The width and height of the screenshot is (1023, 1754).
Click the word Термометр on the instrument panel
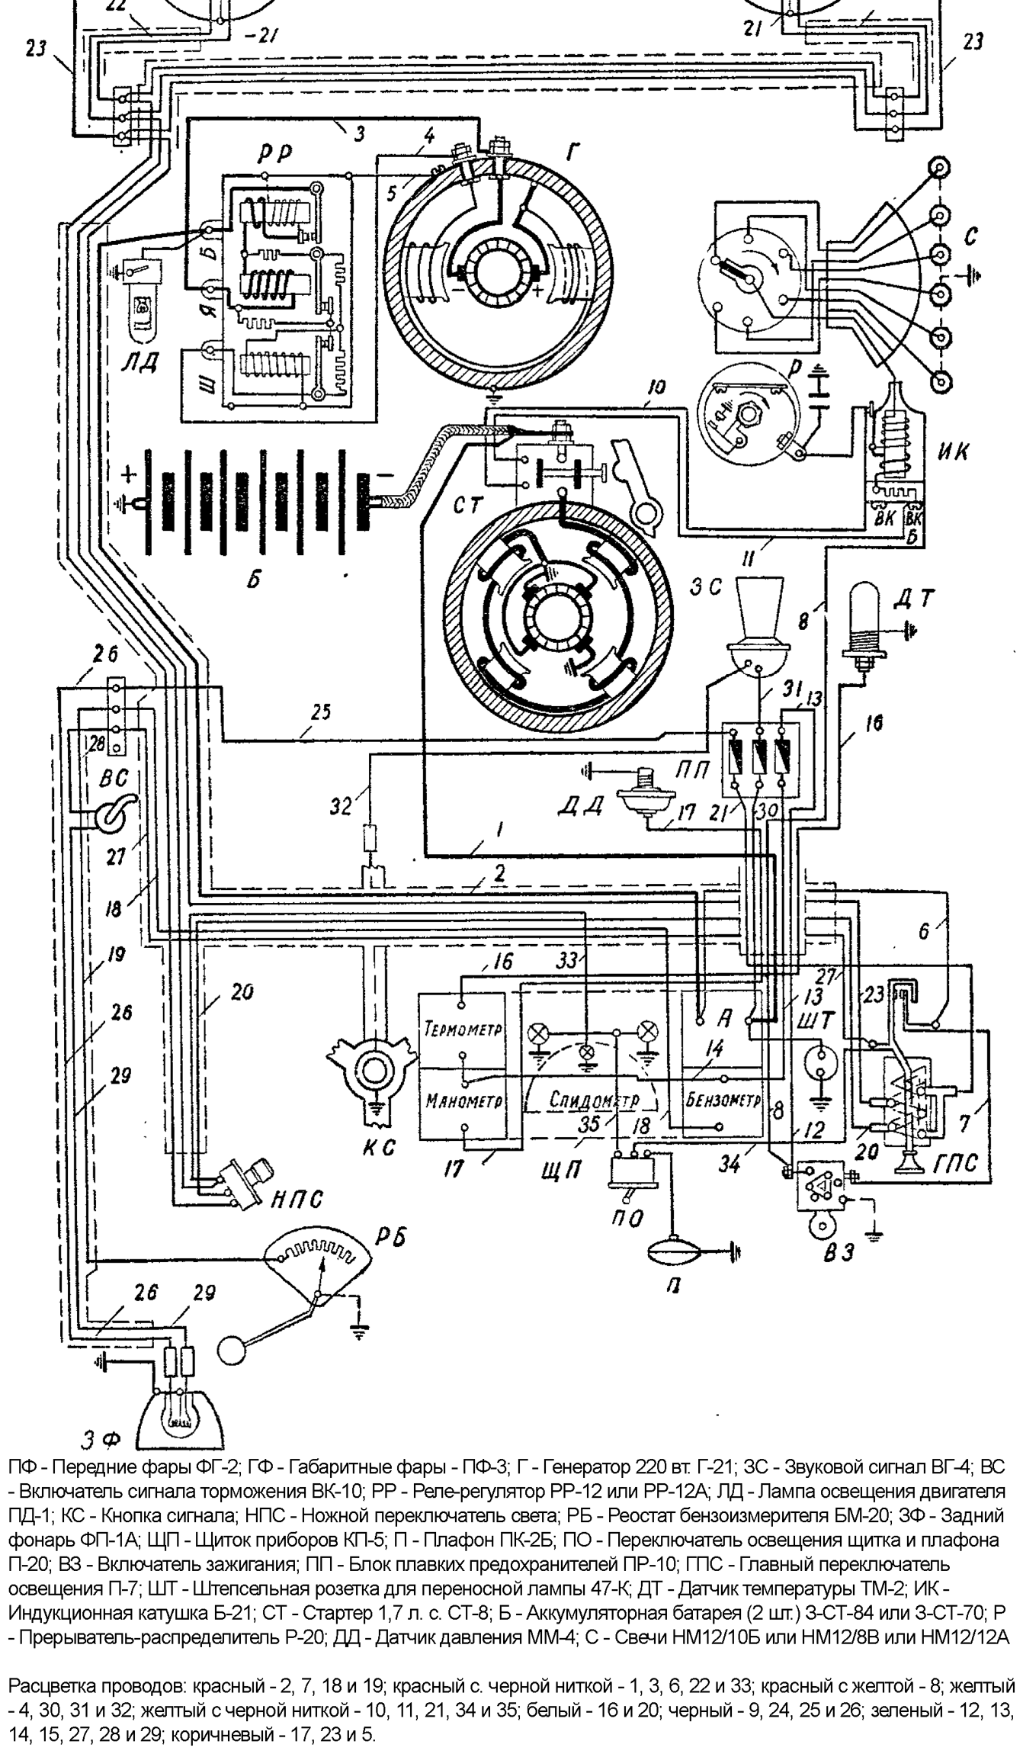tap(463, 1028)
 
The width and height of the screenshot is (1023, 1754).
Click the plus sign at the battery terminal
tap(129, 477)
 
